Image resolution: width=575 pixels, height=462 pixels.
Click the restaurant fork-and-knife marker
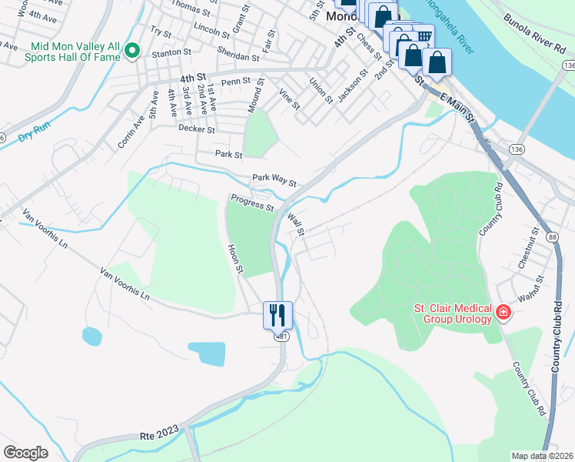(x=278, y=314)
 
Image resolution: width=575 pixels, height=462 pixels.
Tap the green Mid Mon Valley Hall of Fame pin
(x=132, y=51)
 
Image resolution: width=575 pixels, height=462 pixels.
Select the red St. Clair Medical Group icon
(x=504, y=312)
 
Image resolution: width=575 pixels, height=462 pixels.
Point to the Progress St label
(x=251, y=203)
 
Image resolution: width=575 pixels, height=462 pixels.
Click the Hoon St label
(x=234, y=259)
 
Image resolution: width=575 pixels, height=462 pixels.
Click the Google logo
(x=25, y=452)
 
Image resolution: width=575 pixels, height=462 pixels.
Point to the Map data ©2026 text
(x=542, y=456)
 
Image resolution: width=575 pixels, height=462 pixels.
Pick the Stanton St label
(x=171, y=52)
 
